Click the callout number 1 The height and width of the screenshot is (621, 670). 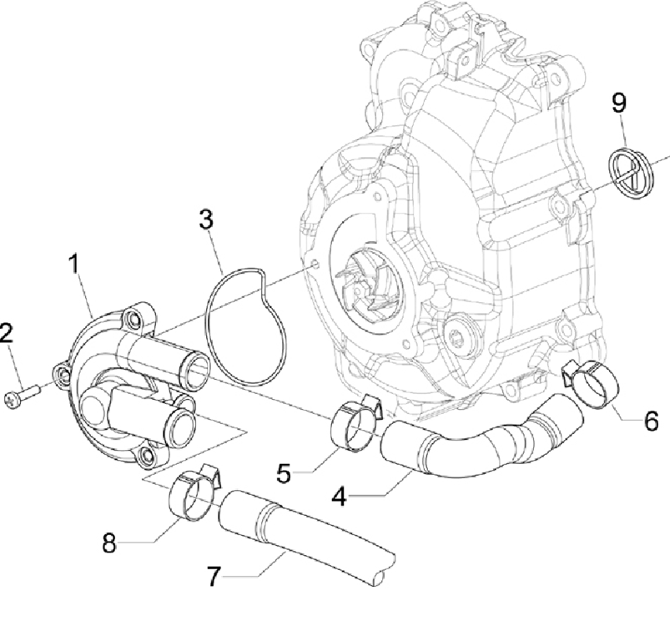[x=74, y=265]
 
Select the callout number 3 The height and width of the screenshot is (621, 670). [x=206, y=220]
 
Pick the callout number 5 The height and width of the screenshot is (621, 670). [x=285, y=473]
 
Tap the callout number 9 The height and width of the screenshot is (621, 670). [x=619, y=103]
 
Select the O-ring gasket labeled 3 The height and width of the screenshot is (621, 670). [x=246, y=328]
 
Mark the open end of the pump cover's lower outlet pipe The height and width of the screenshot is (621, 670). [x=180, y=424]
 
